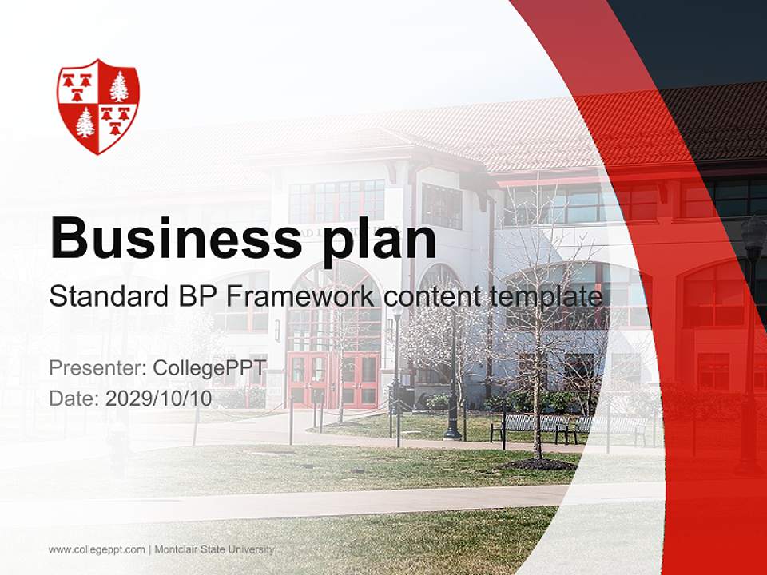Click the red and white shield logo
click(97, 105)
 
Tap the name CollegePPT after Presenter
click(209, 368)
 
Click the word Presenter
click(97, 368)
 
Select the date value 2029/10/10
click(159, 399)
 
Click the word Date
click(72, 399)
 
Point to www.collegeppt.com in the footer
click(97, 549)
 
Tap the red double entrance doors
click(334, 379)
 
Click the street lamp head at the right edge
click(753, 236)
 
